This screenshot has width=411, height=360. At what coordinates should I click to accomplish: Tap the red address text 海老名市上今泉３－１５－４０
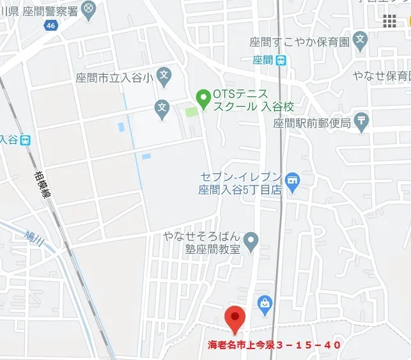pyautogui.click(x=274, y=345)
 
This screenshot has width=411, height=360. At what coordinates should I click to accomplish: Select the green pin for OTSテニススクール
pyautogui.click(x=203, y=98)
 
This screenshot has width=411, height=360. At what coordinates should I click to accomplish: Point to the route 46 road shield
pyautogui.click(x=51, y=25)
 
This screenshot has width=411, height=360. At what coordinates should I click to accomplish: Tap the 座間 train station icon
pyautogui.click(x=281, y=60)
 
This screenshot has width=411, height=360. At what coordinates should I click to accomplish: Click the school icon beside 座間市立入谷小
pyautogui.click(x=164, y=76)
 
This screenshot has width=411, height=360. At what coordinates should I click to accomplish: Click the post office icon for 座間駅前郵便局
pyautogui.click(x=362, y=121)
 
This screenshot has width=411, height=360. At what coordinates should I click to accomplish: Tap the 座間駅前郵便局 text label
pyautogui.click(x=312, y=123)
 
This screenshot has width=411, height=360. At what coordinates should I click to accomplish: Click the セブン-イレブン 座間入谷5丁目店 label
pyautogui.click(x=240, y=183)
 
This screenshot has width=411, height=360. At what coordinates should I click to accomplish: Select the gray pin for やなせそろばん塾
pyautogui.click(x=251, y=241)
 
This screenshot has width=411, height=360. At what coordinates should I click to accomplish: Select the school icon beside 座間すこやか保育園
pyautogui.click(x=361, y=41)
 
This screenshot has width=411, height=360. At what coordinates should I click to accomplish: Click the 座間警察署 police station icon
pyautogui.click(x=88, y=9)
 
